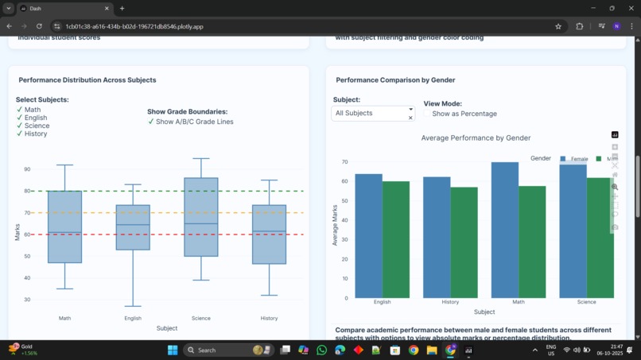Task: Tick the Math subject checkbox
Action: pos(20,110)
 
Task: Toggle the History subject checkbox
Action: pos(20,134)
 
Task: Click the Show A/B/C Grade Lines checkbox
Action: pos(151,122)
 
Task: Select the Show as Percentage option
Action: pos(428,114)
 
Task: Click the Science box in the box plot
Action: pos(201,217)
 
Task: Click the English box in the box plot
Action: pos(133,227)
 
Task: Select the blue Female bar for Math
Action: pos(504,230)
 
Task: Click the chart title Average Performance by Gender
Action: pos(476,138)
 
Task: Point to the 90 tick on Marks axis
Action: pos(27,169)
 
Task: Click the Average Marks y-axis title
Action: pos(335,225)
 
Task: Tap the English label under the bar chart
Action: pos(382,302)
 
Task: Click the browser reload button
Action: pos(39,26)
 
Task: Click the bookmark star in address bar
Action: pos(558,26)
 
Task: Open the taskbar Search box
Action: pos(227,350)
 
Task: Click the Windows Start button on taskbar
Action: pos(173,350)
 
